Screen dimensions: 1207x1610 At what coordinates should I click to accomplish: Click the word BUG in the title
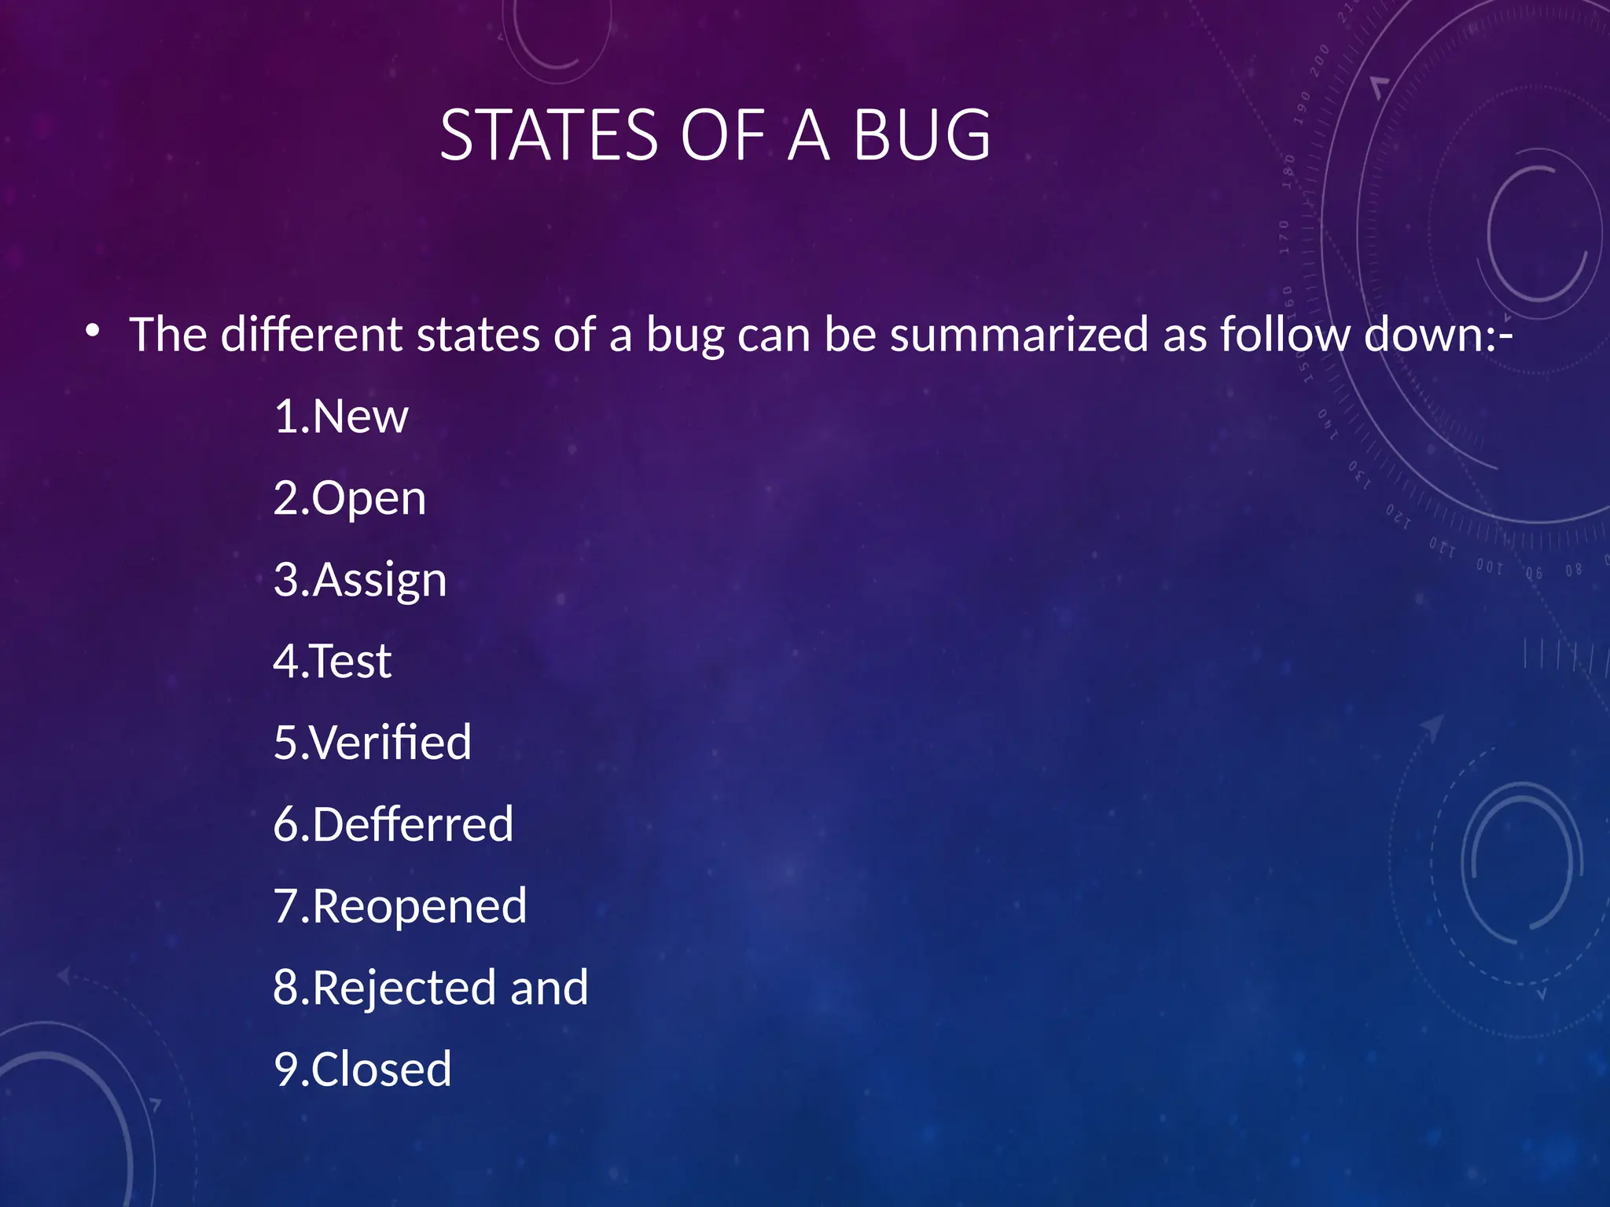coord(921,135)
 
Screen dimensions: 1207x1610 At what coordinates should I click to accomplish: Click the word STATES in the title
coord(548,135)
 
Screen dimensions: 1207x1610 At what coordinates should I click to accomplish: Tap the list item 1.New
coord(341,416)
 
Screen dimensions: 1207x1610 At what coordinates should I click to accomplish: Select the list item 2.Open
coord(350,498)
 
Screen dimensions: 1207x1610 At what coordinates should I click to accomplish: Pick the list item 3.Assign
coord(360,580)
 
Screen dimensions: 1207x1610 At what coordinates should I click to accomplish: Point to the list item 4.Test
coord(332,661)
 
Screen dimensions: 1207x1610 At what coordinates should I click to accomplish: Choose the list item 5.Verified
coord(373,743)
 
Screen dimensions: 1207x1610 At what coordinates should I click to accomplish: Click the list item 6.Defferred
coord(393,824)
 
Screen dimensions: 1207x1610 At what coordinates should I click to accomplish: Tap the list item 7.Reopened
coord(400,906)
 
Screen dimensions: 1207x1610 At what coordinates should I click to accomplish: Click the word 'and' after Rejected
coord(549,988)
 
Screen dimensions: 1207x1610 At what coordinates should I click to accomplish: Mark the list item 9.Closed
coord(362,1069)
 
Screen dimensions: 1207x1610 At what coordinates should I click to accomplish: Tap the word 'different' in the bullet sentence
coord(311,335)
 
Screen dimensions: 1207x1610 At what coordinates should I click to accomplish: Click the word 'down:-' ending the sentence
coord(1438,335)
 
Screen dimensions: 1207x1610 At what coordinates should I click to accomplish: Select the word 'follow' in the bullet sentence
coord(1285,335)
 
